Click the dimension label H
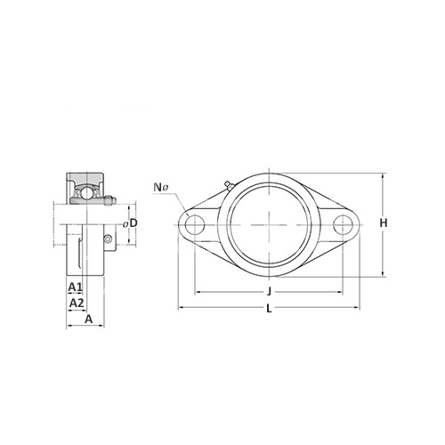click(x=384, y=222)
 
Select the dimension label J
click(x=269, y=292)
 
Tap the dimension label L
click(x=269, y=309)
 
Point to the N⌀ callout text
click(x=161, y=187)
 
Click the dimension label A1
click(x=75, y=287)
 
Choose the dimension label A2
click(x=77, y=303)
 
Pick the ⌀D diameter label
click(x=131, y=223)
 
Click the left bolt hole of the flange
click(x=195, y=224)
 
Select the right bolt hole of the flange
click(x=343, y=224)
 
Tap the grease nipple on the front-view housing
click(x=229, y=185)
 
